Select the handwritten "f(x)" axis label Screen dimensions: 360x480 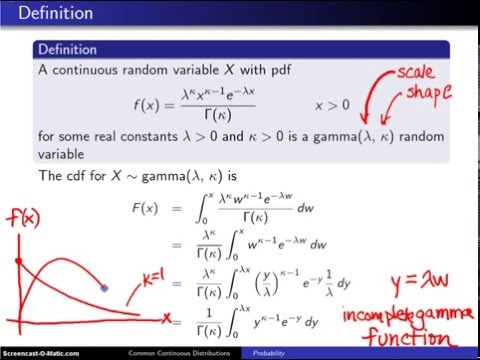point(26,217)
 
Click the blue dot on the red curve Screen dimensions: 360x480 point(105,288)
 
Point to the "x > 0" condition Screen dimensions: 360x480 point(335,105)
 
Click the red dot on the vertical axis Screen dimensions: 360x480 point(18,260)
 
